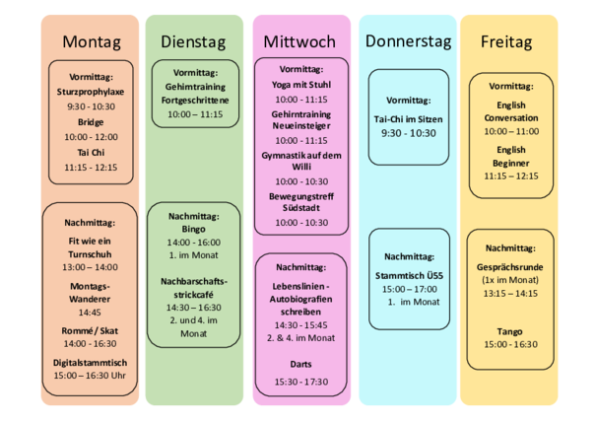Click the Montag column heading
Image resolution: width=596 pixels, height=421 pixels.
click(92, 41)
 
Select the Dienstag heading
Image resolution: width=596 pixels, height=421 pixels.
click(193, 41)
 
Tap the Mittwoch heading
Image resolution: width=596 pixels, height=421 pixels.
click(299, 41)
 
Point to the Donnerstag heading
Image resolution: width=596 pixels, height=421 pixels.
click(408, 41)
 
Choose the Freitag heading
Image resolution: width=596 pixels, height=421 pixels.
click(506, 41)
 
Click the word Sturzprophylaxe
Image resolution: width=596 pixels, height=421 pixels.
click(91, 92)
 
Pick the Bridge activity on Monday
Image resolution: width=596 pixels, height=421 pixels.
click(91, 122)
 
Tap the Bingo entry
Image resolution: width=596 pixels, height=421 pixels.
click(193, 229)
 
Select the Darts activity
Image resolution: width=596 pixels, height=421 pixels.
click(300, 364)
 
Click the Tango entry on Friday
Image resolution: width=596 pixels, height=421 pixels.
click(509, 331)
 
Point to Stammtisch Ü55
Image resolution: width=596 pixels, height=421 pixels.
click(409, 275)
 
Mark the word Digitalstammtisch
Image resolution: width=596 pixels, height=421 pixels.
click(90, 363)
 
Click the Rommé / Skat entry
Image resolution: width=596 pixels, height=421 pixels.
click(90, 331)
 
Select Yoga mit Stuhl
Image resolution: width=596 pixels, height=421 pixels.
click(301, 85)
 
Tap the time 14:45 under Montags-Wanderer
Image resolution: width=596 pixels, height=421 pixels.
click(90, 313)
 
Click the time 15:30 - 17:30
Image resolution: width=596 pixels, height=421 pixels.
click(301, 382)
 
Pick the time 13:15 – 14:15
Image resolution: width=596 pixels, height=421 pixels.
click(510, 293)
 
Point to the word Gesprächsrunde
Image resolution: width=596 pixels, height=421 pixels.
click(509, 267)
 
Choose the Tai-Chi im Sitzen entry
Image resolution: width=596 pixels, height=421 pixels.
click(408, 119)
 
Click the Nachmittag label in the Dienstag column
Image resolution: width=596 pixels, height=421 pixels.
click(194, 216)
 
